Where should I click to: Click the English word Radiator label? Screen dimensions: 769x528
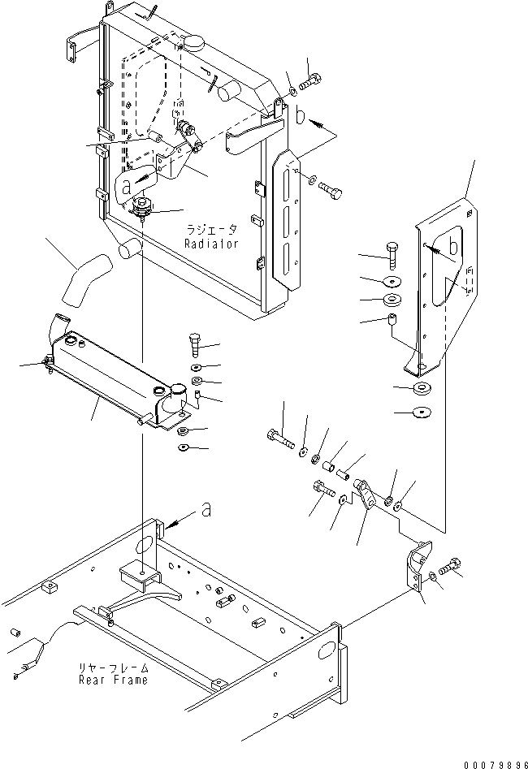(x=211, y=244)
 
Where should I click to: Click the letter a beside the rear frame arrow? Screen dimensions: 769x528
(x=207, y=509)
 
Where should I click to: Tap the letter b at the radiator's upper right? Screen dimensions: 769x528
(x=300, y=116)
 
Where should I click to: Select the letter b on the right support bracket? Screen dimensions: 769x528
(x=454, y=244)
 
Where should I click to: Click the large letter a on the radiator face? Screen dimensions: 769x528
(x=126, y=185)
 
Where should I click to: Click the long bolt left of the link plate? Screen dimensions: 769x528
(x=279, y=439)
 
